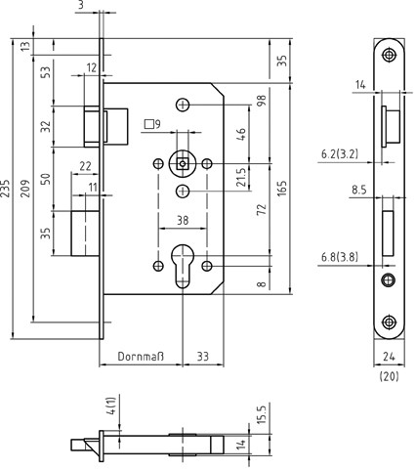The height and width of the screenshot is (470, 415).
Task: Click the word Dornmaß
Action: [x=141, y=357]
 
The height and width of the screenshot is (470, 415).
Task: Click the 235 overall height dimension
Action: [x=6, y=189]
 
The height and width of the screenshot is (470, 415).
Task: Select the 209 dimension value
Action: [x=25, y=189]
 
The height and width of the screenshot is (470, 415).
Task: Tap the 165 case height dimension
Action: [x=282, y=189]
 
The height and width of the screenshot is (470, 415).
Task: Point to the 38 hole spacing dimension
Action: [x=183, y=221]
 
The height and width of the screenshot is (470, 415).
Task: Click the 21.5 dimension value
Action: [x=241, y=178]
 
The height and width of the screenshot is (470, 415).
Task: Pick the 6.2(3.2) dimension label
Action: [x=340, y=153]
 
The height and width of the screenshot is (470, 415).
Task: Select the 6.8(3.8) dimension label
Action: [x=340, y=257]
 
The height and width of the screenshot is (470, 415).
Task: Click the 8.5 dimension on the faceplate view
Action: [x=359, y=190]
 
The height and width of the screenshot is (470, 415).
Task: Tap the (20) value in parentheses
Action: [x=389, y=376]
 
